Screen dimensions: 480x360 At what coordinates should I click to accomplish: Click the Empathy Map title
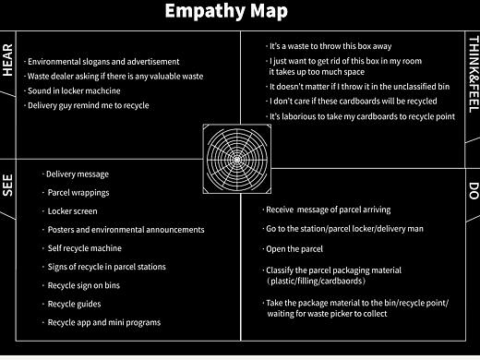pos(226,11)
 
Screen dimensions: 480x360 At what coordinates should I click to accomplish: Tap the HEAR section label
pos(7,60)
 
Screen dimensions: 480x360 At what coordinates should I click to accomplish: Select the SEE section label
pos(7,186)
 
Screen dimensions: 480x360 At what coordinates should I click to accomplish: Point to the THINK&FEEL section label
pos(474,75)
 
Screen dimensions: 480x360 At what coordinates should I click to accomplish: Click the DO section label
pos(474,191)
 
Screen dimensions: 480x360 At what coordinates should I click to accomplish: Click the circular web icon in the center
pos(237,159)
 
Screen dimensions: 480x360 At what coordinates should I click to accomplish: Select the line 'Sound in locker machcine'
pos(72,90)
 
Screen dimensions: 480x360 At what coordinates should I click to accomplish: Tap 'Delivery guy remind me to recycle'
pos(87,105)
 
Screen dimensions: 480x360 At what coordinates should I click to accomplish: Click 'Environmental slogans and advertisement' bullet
pos(102,62)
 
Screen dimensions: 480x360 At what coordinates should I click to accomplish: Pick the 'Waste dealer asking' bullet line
pos(114,77)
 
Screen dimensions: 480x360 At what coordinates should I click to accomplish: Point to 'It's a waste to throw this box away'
pos(329,46)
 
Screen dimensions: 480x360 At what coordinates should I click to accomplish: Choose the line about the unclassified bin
pos(357,87)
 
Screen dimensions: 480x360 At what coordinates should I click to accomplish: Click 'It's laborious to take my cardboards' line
pos(360,116)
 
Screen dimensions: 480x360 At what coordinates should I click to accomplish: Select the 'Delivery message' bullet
pos(76,174)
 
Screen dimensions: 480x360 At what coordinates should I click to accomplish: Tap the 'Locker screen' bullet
pos(70,211)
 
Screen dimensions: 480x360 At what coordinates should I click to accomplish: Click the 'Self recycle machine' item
pos(82,248)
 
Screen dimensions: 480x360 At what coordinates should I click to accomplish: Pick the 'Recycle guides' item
pos(72,304)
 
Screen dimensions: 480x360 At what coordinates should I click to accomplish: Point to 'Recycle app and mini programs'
pos(102,322)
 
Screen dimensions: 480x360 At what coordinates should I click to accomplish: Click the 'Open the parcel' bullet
pos(293,249)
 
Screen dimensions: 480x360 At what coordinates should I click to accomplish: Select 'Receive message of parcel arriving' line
pos(327,210)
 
